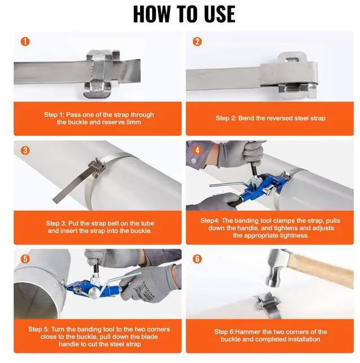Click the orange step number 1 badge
(25, 42)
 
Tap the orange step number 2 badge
(197, 42)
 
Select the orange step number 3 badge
(25, 151)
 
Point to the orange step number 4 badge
(197, 151)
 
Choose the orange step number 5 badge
(25, 259)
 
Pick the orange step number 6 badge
(197, 259)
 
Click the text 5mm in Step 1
(133, 122)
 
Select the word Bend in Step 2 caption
(246, 119)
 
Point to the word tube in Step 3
(147, 224)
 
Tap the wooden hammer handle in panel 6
(321, 269)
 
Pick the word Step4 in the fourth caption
(210, 221)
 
